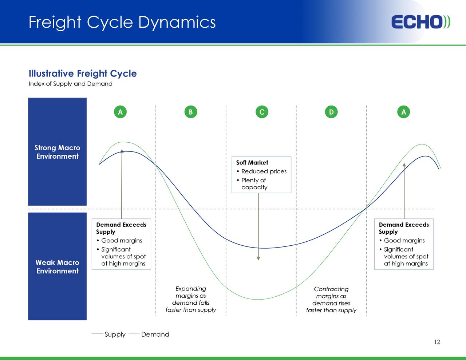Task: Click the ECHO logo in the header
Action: [x=420, y=22]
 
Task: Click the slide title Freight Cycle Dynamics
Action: [x=122, y=22]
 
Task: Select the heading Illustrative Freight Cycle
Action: [x=83, y=74]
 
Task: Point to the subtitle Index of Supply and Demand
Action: [x=71, y=84]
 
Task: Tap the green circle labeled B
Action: [x=190, y=112]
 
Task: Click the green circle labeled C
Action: [x=261, y=112]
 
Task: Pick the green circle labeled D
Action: [x=331, y=112]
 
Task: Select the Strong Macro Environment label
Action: [x=57, y=152]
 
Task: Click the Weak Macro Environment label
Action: [x=57, y=267]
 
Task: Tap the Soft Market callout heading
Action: [x=252, y=163]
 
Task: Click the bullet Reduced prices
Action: [x=264, y=171]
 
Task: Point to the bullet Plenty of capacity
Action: [x=254, y=184]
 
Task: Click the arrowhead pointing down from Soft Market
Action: [x=258, y=258]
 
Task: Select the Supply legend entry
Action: [x=115, y=335]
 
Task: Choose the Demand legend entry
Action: [x=155, y=335]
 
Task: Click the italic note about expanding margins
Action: [x=191, y=299]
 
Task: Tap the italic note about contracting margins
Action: [x=331, y=300]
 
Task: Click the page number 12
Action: [x=437, y=342]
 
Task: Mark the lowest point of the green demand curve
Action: [x=258, y=300]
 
